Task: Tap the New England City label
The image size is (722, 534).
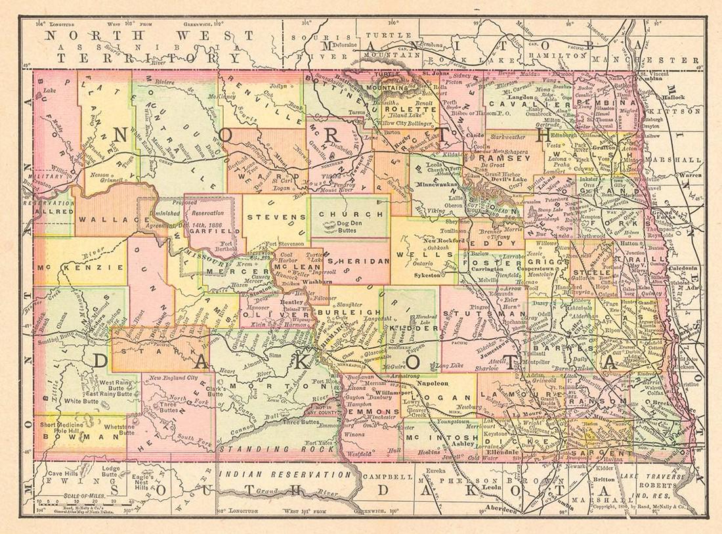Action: [x=173, y=378]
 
